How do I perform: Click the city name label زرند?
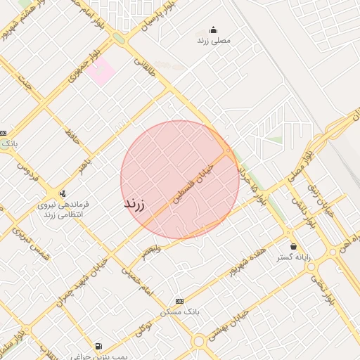134,205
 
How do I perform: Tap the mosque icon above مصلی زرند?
214,30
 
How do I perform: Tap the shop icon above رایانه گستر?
293,246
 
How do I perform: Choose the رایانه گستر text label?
293,257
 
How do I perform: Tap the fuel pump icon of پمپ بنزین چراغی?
98,347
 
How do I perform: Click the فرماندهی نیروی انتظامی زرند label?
63,208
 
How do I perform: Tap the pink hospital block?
101,72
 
